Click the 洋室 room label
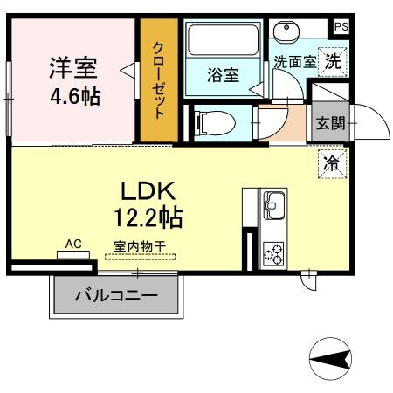click(73, 66)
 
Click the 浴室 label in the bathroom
click(223, 75)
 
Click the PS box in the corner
click(340, 26)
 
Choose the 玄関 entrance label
click(330, 122)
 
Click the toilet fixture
click(214, 122)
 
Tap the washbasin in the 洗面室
click(285, 31)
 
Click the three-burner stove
click(273, 252)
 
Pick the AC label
click(73, 245)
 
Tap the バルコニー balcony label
click(115, 296)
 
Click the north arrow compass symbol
click(331, 358)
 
